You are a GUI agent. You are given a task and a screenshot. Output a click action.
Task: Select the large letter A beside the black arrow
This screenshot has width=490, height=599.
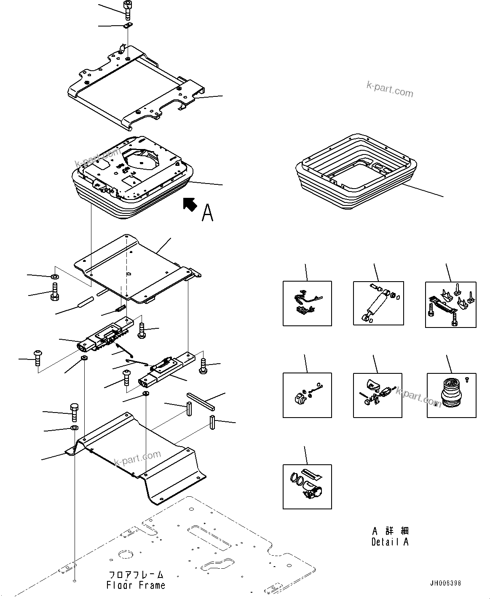point(208,212)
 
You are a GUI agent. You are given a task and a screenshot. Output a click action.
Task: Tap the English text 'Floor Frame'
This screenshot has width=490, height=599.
point(136,585)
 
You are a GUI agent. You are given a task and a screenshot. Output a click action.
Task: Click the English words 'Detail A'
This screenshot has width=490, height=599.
point(390,542)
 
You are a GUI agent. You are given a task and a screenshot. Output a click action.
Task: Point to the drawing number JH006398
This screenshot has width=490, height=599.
point(445,583)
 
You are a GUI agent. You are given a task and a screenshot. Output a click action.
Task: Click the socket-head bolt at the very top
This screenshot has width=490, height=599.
point(127,8)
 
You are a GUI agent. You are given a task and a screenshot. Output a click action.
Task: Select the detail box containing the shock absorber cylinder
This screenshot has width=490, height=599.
point(378,303)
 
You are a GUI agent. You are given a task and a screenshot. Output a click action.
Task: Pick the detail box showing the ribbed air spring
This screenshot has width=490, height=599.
point(451,395)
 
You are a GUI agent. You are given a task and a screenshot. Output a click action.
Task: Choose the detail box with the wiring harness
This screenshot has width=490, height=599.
point(307,303)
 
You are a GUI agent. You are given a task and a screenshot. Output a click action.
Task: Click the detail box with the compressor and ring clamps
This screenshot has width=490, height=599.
point(307,487)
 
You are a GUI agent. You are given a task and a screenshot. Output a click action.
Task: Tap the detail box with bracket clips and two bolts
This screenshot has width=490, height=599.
point(451,304)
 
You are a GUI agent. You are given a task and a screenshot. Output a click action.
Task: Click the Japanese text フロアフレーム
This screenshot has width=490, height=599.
point(136,575)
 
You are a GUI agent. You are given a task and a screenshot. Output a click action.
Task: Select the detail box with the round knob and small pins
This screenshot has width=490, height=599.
point(307,395)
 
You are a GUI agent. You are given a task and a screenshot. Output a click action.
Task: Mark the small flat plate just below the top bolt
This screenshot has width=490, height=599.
point(129,26)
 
